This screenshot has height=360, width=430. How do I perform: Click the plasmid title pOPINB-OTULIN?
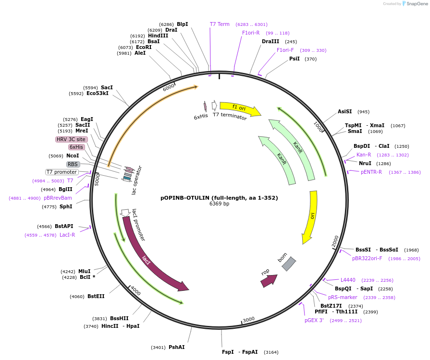(219, 198)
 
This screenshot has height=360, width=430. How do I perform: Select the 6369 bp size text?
(219, 204)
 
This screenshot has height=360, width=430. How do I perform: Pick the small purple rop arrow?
(269, 280)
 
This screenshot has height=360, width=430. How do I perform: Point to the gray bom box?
(288, 264)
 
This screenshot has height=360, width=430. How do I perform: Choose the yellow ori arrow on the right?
(310, 216)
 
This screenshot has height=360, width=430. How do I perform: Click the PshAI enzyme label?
(176, 347)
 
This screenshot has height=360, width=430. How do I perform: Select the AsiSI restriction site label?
(344, 112)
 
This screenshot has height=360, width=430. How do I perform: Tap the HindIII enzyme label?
(158, 36)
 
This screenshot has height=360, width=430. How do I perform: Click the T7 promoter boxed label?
(61, 172)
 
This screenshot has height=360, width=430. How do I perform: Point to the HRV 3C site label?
(71, 139)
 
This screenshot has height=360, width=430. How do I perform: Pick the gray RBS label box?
(73, 164)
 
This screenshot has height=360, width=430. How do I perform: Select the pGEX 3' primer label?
(314, 320)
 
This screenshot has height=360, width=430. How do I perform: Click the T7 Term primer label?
(220, 24)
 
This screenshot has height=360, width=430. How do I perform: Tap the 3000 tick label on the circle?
(248, 320)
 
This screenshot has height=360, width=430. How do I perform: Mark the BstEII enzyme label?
(96, 296)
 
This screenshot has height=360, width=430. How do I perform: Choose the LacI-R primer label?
(67, 235)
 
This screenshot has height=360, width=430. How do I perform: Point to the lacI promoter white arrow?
(125, 212)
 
